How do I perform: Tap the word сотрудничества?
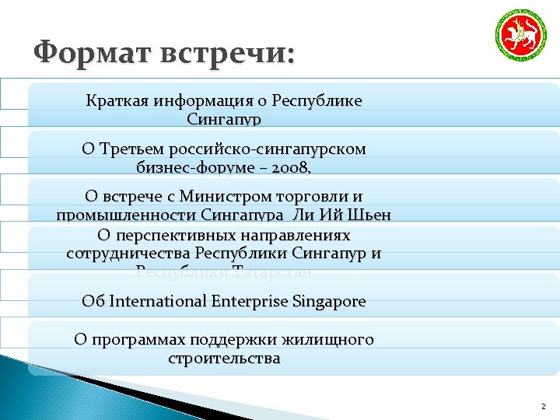(x=128, y=253)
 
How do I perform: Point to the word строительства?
(x=224, y=359)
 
